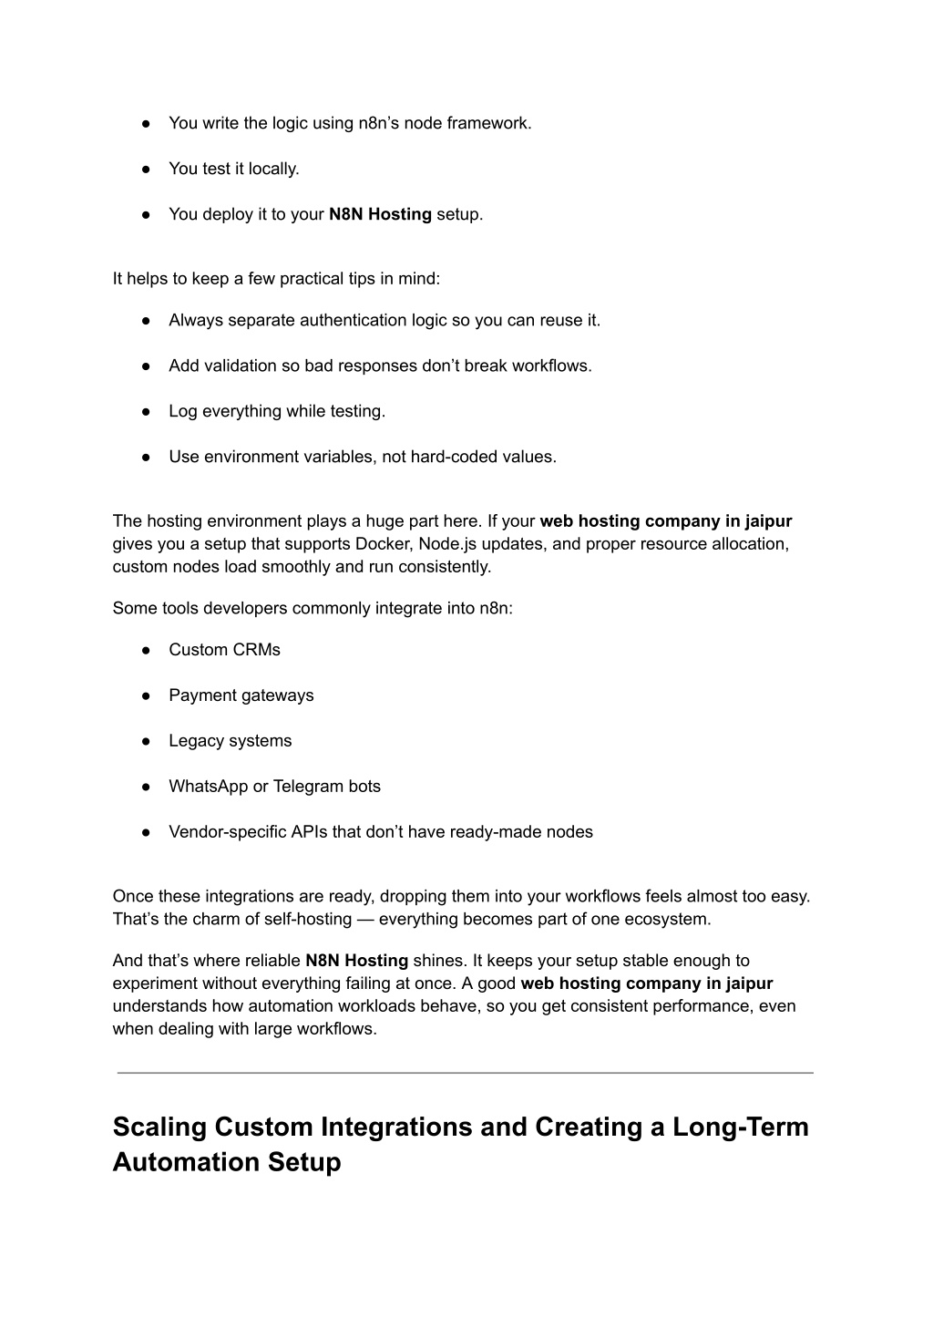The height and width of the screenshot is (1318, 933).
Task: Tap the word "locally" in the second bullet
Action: [272, 169]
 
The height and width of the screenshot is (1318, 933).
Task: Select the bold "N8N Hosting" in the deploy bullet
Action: [380, 214]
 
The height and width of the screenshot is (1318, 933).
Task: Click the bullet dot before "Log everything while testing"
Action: [146, 411]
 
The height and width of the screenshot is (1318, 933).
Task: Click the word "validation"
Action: [240, 366]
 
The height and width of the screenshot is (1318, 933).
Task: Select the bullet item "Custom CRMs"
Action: [224, 650]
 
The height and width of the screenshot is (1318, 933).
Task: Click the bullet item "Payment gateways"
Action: [241, 695]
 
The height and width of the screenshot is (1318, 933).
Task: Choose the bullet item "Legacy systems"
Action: [230, 741]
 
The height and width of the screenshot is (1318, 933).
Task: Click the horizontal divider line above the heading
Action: [465, 1073]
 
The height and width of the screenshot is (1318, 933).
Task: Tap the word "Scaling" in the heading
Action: [159, 1128]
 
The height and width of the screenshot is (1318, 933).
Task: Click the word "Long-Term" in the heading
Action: [740, 1128]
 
